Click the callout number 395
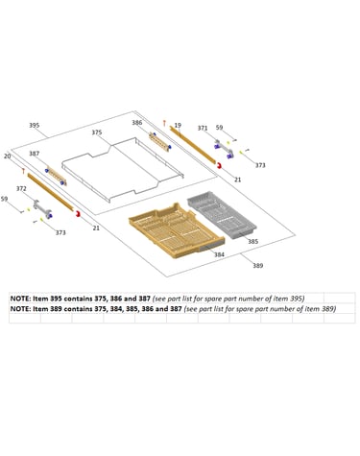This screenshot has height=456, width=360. (x=35, y=125)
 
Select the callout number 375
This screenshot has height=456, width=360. (x=97, y=132)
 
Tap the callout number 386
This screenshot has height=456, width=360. (x=137, y=123)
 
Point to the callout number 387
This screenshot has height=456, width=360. (x=35, y=154)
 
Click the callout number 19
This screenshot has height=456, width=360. (x=178, y=125)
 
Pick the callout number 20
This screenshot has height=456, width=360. (x=8, y=156)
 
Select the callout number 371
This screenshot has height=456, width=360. (x=203, y=128)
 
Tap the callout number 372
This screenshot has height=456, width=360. (x=21, y=189)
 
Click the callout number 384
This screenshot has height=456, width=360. (x=219, y=254)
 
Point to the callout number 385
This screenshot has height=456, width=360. (x=252, y=241)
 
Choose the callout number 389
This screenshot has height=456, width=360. (x=258, y=265)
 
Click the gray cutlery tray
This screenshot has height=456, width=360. (x=222, y=214)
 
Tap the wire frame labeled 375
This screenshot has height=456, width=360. (x=123, y=170)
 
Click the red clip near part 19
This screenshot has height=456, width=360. (x=220, y=165)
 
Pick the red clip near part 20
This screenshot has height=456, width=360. (x=78, y=213)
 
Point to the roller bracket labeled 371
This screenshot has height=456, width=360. (x=224, y=149)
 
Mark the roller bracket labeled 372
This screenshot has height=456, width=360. (x=42, y=209)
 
